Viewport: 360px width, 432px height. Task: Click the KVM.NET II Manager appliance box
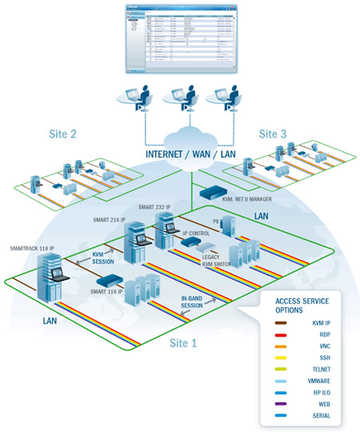pos(213,192)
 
